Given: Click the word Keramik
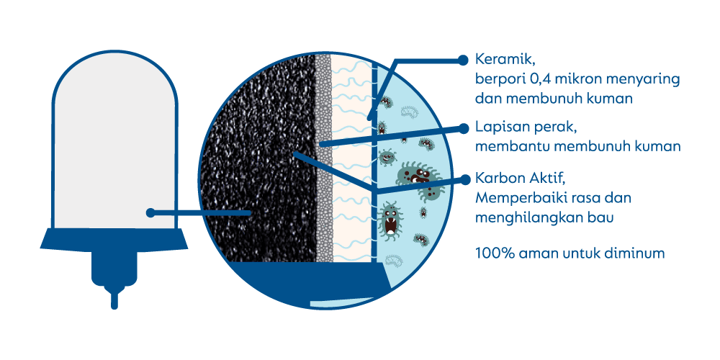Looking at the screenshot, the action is click(504, 60).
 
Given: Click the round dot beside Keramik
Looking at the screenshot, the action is click(463, 60).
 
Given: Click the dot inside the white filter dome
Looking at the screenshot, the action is click(150, 212).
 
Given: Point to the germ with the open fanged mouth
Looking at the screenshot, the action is click(391, 220).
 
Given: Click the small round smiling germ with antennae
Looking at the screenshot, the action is click(387, 157).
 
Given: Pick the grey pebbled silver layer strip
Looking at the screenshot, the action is click(324, 158).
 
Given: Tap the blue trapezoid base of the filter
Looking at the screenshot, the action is click(114, 239).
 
